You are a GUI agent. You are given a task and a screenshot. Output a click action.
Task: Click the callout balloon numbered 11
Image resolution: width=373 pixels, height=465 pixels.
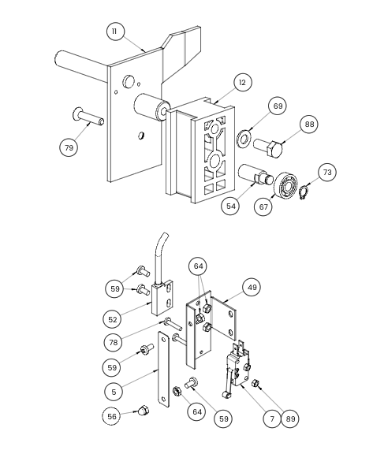(x=115, y=32)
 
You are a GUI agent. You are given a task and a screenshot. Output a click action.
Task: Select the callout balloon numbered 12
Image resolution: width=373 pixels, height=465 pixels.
(x=243, y=83)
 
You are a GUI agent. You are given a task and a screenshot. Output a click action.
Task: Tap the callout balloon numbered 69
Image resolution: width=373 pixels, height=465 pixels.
(x=278, y=106)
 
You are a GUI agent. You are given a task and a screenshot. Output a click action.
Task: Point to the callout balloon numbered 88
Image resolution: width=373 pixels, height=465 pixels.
(x=309, y=124)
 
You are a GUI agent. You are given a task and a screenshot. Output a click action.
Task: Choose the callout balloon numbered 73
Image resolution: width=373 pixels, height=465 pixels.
(x=327, y=172)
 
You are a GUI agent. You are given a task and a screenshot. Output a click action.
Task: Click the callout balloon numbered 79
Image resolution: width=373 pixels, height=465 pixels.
(x=69, y=147)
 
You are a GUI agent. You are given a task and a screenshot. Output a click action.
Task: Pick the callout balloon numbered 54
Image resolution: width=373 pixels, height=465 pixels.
(x=230, y=206)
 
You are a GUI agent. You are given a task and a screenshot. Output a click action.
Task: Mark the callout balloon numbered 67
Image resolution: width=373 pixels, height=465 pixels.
(x=263, y=206)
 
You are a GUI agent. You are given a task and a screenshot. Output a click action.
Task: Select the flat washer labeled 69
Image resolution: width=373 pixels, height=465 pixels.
(x=244, y=139)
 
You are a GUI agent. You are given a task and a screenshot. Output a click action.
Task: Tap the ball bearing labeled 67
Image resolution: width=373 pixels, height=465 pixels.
(x=285, y=186)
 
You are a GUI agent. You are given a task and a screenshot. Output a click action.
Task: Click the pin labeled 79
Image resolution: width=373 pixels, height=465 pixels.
(x=88, y=117)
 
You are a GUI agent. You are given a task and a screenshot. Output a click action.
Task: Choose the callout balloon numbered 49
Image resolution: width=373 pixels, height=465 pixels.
(x=252, y=288)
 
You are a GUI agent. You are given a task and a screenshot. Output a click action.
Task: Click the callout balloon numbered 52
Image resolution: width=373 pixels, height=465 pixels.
(x=113, y=319)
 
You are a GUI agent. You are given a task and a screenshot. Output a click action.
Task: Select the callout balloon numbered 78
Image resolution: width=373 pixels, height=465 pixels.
(x=114, y=343)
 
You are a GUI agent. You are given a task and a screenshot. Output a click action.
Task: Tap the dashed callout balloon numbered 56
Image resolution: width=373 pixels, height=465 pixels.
(x=111, y=416)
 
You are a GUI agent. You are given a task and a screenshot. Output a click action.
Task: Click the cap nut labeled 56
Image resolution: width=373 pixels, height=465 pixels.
(x=144, y=411)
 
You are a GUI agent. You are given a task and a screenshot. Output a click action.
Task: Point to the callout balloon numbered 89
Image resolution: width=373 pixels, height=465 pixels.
(x=290, y=418)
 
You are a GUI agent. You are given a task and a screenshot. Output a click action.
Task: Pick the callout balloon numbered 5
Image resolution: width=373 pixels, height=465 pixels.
(x=114, y=392)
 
